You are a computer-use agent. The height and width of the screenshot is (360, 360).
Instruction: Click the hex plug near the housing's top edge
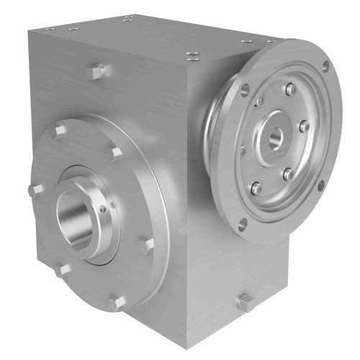click(x=95, y=71)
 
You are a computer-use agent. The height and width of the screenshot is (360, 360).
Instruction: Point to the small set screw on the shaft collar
click(x=104, y=210)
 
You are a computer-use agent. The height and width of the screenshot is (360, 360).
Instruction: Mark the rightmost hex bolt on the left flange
click(x=146, y=245)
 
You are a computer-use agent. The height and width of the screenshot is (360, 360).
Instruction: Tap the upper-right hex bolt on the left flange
click(x=113, y=153)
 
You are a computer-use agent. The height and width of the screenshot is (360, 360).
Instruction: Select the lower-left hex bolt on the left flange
click(x=61, y=270)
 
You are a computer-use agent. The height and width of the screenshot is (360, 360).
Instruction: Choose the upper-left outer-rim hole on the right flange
click(x=245, y=90)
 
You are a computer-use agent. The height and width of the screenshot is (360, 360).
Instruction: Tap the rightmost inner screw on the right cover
click(x=305, y=127)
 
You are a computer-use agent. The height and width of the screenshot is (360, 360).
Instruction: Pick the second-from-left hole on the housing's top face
click(x=73, y=29)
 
